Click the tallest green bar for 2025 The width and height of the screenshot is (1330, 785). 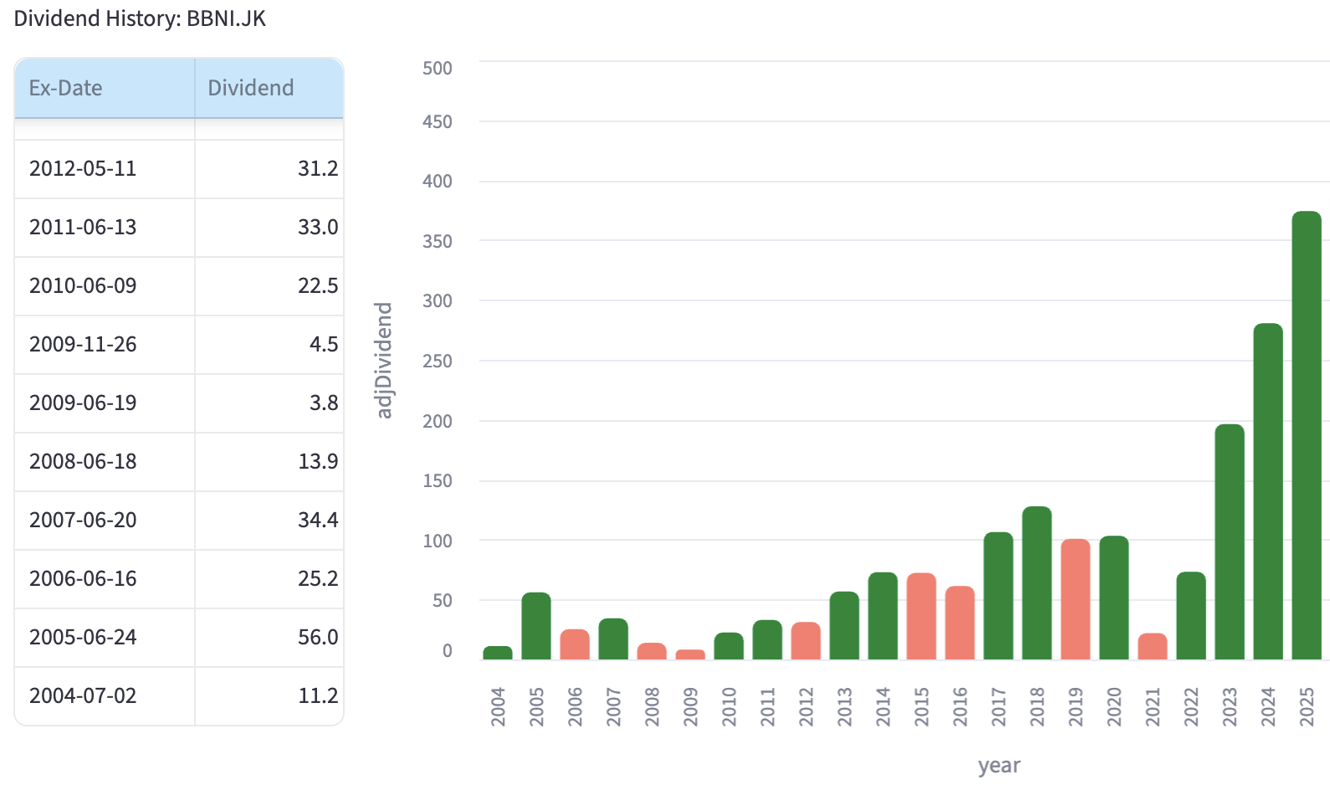pos(1306,435)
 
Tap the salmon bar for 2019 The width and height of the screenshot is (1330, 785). pos(1075,599)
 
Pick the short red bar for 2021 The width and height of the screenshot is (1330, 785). pos(1152,647)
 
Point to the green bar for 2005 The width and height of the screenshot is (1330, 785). pos(536,626)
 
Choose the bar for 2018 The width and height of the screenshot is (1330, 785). pos(1036,583)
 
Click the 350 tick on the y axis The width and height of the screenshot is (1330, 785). pos(437,242)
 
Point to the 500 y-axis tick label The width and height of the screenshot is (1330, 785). pos(437,69)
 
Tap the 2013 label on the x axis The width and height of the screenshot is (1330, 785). pos(844,707)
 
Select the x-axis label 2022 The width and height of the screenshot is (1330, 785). pos(1190,707)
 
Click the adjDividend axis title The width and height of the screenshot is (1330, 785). pos(384,360)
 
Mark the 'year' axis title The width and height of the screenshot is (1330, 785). pos(999,766)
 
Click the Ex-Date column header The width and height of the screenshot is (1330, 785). pos(65,88)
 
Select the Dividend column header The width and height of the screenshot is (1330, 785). pos(250,88)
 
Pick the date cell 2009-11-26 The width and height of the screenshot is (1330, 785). pos(83,344)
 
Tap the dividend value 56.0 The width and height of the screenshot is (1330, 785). pos(318,637)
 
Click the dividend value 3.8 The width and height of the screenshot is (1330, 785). pos(324,403)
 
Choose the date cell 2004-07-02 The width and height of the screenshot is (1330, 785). pos(83,695)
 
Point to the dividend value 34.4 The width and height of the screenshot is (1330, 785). pos(318,520)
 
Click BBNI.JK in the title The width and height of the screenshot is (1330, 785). pos(226,18)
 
